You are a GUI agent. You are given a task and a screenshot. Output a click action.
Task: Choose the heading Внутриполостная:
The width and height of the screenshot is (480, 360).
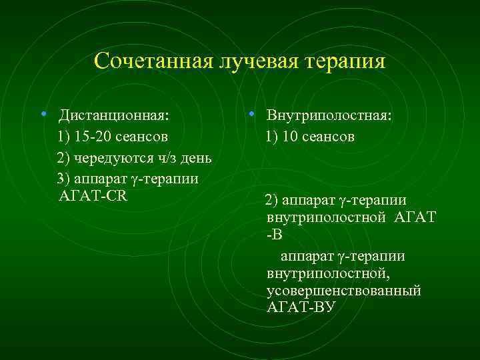[329, 115]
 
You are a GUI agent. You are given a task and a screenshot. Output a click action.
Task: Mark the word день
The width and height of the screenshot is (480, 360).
[195, 158]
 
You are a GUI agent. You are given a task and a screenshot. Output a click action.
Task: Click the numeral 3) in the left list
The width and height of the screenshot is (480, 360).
[64, 178]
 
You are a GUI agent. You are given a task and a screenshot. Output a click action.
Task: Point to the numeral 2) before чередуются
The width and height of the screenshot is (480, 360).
[64, 158]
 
